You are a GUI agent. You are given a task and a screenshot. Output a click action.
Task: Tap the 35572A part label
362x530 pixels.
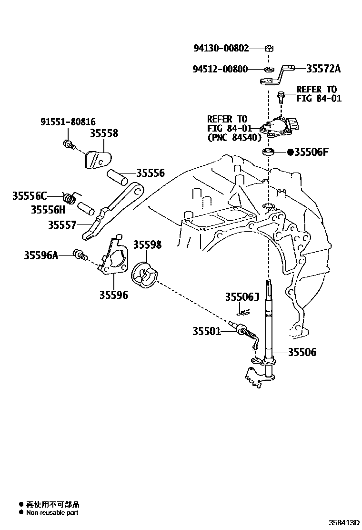coord(323,69)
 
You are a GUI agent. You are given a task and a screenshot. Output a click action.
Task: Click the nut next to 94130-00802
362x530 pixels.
coord(269,48)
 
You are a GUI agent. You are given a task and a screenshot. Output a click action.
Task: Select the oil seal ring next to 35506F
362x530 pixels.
coord(269,153)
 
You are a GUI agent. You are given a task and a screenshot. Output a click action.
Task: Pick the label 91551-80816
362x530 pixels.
coord(68,122)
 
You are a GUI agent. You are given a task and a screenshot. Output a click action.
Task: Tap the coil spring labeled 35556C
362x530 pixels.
coord(70,196)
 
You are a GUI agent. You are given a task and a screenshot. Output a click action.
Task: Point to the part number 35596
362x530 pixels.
coord(113,295)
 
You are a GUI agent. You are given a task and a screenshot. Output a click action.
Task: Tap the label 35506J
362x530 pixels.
coord(241,297)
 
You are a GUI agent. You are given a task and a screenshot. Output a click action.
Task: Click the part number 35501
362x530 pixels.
coord(207,331)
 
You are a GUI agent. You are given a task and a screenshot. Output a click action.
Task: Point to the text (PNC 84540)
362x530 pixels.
coord(234,138)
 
